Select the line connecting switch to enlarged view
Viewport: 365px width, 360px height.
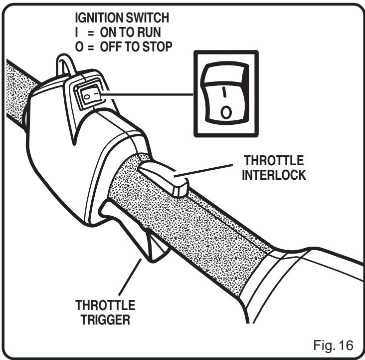tap(150, 94)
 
